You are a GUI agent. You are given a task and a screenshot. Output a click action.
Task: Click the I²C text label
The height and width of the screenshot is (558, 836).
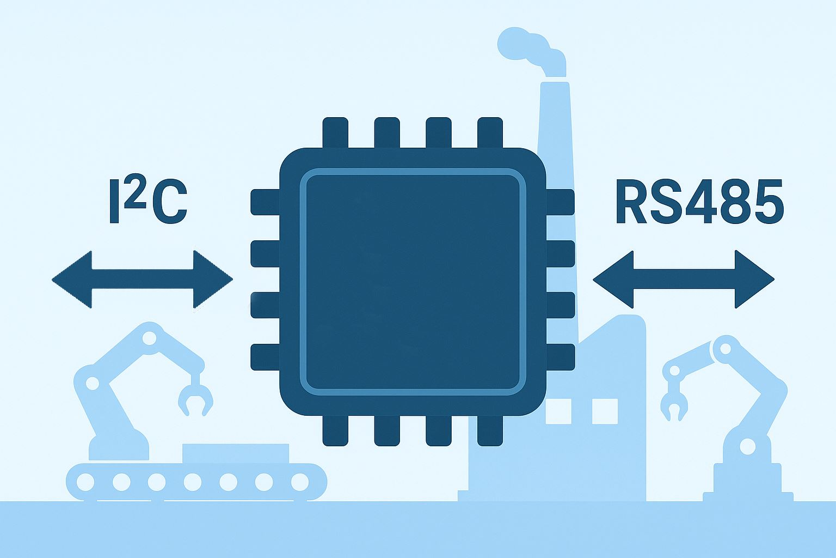coord(149,203)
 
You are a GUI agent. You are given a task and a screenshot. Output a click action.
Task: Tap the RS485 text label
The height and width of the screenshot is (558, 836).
coord(699,203)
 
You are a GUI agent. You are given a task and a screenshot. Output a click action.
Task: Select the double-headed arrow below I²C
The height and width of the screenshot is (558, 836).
coord(142,280)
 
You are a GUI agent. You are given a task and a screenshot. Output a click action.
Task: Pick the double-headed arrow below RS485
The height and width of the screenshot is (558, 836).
coord(683,280)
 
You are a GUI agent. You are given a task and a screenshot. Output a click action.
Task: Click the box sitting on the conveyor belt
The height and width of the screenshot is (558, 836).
coord(236,453)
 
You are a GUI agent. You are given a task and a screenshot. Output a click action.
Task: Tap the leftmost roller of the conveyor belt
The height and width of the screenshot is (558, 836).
coord(85,482)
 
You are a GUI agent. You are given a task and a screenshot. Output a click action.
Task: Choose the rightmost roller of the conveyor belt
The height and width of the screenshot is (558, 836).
coord(300,482)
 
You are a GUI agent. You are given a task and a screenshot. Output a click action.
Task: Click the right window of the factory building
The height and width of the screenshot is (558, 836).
coord(605,411)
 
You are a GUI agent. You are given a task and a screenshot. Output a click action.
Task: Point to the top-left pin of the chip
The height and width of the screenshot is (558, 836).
coord(335,133)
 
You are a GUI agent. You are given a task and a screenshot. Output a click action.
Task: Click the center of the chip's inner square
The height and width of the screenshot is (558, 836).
coord(413,281)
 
